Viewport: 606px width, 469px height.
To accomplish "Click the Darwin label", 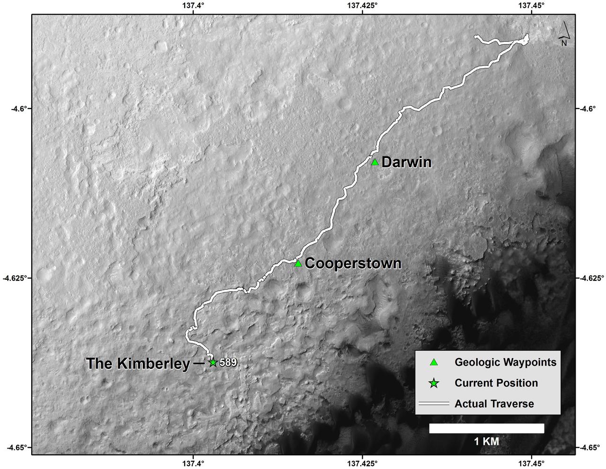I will (x=406, y=163).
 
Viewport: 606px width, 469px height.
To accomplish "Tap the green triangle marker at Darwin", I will (x=375, y=162).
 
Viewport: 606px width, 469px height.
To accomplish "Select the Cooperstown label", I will (x=353, y=264).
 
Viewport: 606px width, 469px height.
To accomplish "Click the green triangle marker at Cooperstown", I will (x=298, y=263).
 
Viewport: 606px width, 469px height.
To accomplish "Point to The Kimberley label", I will (x=137, y=364).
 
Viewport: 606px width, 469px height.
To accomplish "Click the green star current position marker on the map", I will (x=213, y=362).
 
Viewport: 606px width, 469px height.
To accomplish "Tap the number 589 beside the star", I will (x=228, y=363).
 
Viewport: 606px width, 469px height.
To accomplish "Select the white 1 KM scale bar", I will (x=486, y=428).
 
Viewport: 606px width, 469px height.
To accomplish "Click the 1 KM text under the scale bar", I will (x=486, y=441).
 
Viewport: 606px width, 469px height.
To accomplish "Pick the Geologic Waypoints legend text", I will (x=505, y=362).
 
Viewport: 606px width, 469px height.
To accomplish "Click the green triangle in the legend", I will (x=433, y=362).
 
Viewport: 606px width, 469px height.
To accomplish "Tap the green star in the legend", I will (x=433, y=383).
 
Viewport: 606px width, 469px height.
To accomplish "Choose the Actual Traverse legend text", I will (x=494, y=404).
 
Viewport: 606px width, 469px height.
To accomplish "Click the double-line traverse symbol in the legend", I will (x=433, y=404).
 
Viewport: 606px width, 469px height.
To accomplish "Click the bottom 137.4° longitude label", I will (x=193, y=462).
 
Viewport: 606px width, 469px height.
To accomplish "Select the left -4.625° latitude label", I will (x=16, y=278).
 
